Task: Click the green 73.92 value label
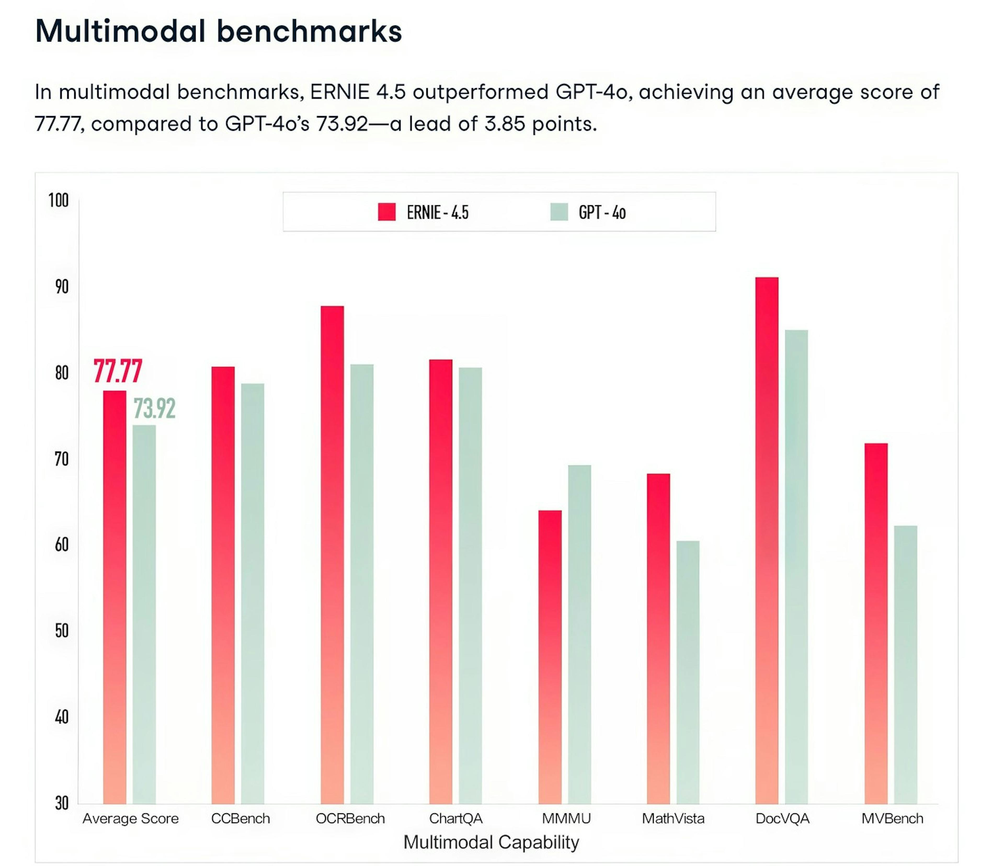coord(154,408)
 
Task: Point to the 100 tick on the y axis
coord(59,200)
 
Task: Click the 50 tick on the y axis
coord(61,631)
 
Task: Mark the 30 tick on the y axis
coord(61,804)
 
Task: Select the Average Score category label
coord(130,819)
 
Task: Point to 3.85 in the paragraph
coord(504,124)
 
